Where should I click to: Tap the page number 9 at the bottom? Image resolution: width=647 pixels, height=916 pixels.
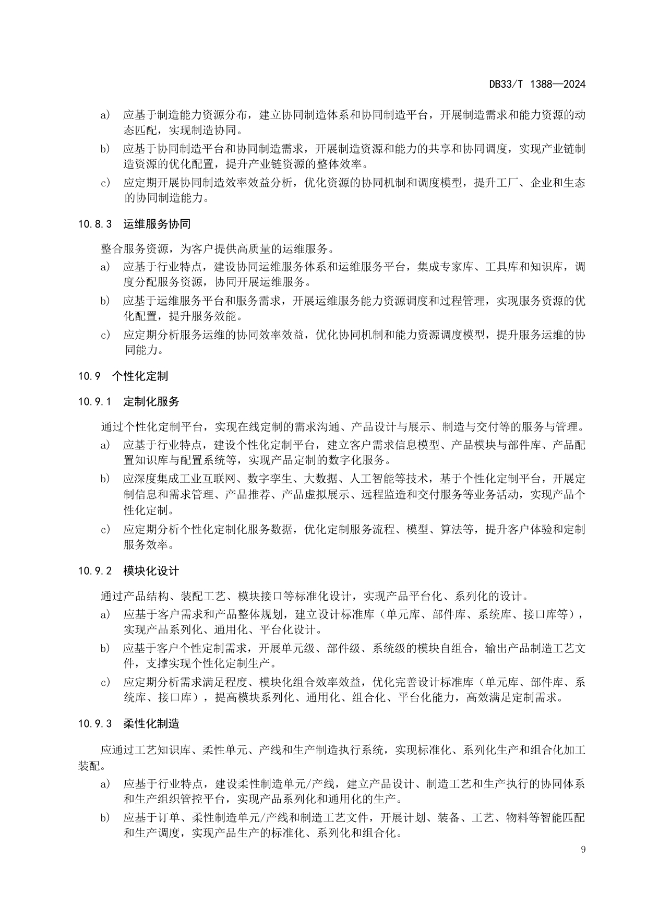(583, 849)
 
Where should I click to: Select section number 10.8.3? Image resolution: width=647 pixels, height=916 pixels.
(95, 224)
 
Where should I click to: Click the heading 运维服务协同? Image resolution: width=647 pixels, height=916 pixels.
(157, 224)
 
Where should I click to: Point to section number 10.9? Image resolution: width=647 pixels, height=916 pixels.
(89, 376)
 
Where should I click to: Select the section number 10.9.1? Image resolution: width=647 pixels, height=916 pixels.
(95, 402)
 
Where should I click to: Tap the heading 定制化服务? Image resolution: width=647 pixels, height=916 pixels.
(151, 402)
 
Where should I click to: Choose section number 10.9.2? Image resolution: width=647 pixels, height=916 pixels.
(95, 571)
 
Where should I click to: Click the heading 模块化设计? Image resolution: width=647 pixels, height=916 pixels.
(151, 571)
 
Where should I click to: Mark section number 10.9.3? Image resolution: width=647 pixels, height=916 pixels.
(95, 724)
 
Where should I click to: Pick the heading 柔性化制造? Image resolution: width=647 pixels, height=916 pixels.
(151, 724)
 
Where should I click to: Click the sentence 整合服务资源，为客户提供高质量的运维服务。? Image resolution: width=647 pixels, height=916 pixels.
(218, 248)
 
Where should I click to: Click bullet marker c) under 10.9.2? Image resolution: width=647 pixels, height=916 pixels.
(105, 682)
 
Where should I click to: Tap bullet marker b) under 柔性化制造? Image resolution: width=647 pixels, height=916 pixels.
(105, 818)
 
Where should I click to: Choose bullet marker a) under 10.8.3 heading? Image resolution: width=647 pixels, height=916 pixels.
(105, 267)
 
